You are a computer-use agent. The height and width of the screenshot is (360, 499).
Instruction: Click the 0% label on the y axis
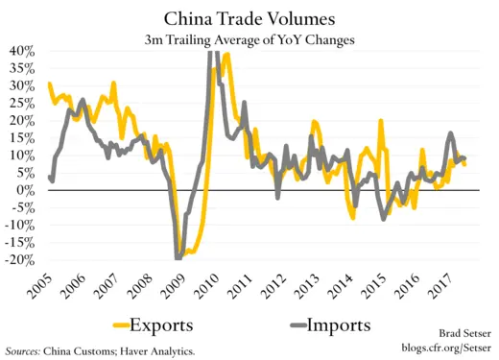coord(29,190)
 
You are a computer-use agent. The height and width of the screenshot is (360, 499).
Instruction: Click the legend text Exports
coord(169,324)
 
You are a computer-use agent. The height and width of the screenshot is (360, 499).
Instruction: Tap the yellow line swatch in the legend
coord(121,324)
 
